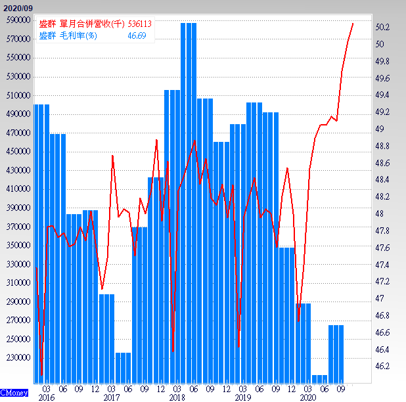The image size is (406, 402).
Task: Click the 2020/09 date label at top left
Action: tap(16, 7)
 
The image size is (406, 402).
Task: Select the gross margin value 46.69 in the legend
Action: tap(136, 35)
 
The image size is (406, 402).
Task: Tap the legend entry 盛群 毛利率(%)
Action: tap(69, 35)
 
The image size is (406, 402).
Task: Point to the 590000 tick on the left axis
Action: tap(17, 20)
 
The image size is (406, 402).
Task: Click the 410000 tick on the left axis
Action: tap(17, 189)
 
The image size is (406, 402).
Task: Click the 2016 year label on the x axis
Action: tap(46, 397)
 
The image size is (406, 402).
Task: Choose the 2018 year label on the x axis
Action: tap(177, 397)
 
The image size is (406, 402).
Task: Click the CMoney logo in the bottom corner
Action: tap(13, 393)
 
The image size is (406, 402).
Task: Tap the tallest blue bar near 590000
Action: tap(189, 197)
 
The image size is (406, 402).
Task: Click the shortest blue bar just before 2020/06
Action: tap(319, 379)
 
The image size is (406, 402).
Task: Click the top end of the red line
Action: tap(353, 24)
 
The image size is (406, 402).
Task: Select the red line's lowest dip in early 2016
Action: tap(42, 375)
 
